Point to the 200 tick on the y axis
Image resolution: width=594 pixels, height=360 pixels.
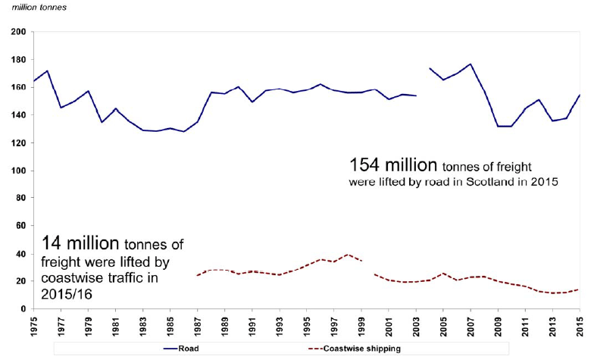(17, 33)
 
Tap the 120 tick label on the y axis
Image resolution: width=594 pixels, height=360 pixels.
(17, 143)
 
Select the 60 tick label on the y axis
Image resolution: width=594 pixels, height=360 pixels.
(20, 226)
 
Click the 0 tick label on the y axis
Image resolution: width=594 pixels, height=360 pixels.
(23, 309)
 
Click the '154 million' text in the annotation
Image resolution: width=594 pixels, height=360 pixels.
(393, 164)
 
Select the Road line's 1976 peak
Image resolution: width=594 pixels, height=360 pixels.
(48, 71)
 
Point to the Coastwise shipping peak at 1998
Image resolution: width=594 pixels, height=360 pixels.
(348, 255)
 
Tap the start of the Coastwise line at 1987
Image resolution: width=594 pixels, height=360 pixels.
(198, 275)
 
